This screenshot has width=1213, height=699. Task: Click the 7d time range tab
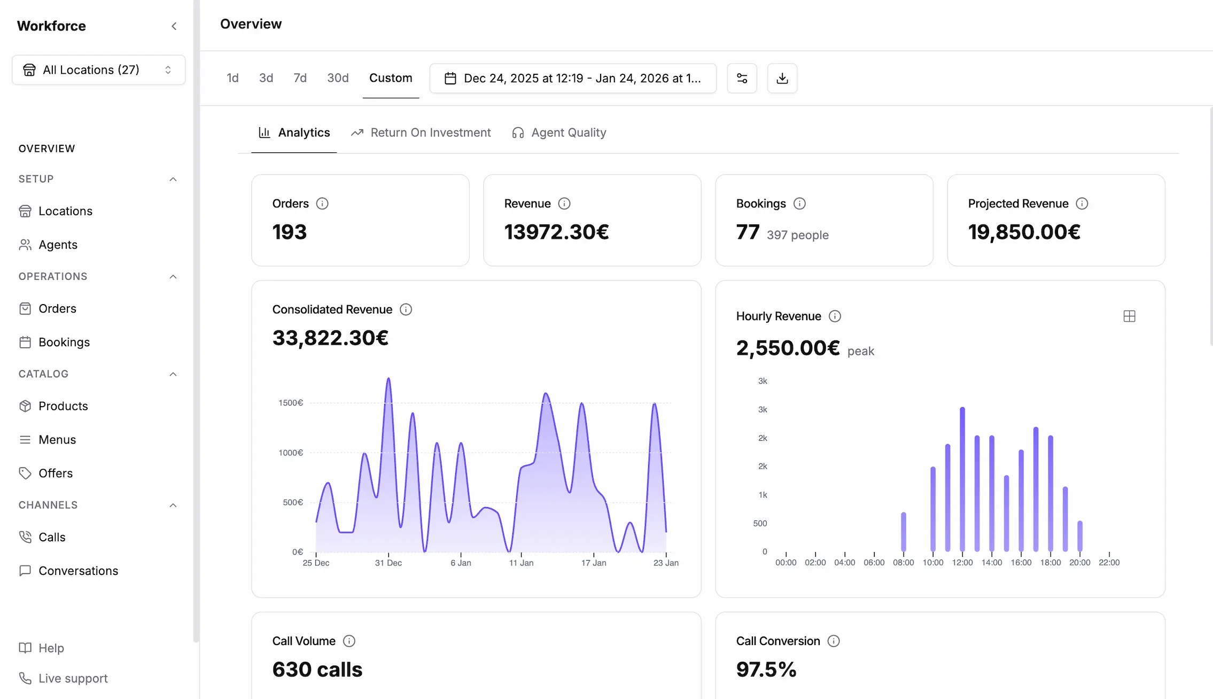pos(300,78)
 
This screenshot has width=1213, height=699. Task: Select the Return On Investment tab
pos(421,133)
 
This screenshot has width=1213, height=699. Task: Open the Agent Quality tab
pos(559,133)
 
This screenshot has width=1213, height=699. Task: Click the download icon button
pos(782,79)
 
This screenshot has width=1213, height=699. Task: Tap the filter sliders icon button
pos(742,79)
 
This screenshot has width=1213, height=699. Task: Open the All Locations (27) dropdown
pos(98,70)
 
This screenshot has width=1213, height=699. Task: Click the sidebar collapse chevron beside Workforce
pos(174,26)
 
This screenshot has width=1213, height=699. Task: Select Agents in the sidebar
pos(58,245)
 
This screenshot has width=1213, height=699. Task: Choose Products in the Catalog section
pos(63,406)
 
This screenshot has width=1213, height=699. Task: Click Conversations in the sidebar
pos(78,571)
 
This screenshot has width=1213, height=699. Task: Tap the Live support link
pos(73,678)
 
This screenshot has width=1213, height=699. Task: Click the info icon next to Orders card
pos(322,204)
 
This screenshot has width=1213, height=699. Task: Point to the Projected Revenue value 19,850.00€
pos(1024,232)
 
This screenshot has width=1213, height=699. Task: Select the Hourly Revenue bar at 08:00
pos(904,532)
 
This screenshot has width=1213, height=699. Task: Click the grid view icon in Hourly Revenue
pos(1129,316)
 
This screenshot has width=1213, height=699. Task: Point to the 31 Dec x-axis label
pos(388,563)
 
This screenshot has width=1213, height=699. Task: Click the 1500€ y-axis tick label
pos(291,403)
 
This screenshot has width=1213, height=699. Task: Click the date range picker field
pos(573,79)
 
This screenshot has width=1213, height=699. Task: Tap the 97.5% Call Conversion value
pos(766,670)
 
